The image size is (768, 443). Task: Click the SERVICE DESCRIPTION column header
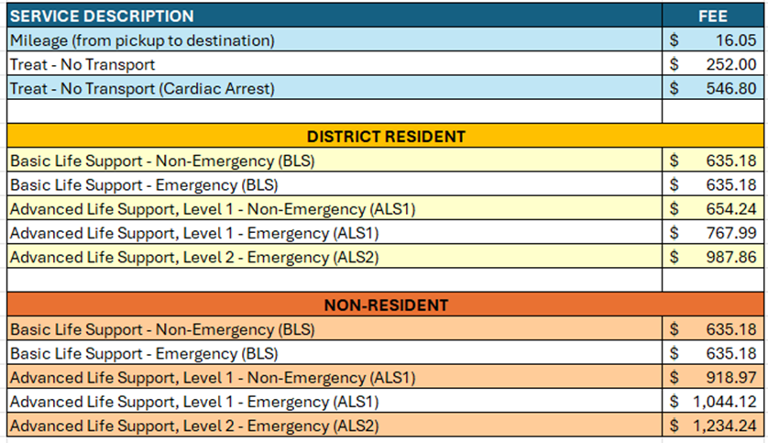pos(102,16)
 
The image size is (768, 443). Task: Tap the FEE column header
pos(714,16)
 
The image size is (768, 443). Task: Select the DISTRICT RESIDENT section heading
pos(386,137)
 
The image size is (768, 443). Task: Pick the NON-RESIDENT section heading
pos(386,305)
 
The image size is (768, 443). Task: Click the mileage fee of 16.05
pos(737,40)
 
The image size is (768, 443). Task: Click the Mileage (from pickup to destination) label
pos(142,40)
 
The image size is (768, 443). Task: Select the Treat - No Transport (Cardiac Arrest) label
pos(142,89)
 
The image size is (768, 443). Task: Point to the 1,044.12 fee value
pos(727,402)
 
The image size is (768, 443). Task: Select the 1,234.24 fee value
pos(727,426)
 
